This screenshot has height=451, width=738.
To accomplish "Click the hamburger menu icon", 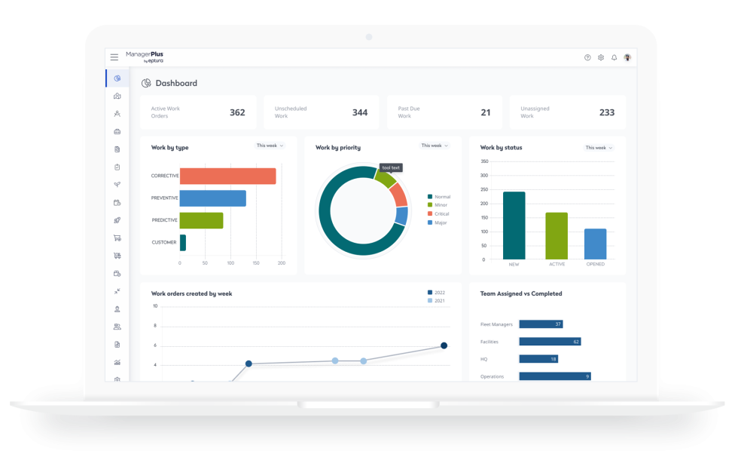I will tap(114, 57).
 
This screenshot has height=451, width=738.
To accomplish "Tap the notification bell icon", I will tap(614, 57).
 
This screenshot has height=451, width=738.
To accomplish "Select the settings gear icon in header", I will tap(601, 57).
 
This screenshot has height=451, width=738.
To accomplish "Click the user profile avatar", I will tap(627, 57).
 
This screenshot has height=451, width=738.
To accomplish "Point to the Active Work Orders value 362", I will tap(237, 112).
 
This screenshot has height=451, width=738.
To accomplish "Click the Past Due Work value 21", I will tap(486, 112).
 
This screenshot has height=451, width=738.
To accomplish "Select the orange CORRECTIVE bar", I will tap(227, 176).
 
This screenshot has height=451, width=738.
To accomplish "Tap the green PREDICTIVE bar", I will tap(201, 220).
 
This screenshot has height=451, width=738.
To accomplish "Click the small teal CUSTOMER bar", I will tap(183, 242).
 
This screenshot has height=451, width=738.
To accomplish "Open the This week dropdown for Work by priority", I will tap(435, 146).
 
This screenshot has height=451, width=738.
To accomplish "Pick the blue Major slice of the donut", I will tap(401, 216).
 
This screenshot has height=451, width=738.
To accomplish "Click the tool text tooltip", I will tap(391, 167).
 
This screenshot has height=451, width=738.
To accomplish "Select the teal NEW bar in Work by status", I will tap(514, 225).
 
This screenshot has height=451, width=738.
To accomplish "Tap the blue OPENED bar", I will tap(595, 244).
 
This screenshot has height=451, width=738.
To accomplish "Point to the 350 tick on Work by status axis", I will tap(484, 161).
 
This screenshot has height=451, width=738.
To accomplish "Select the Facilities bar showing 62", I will tap(550, 342).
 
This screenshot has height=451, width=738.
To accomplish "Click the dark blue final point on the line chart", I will tap(444, 345).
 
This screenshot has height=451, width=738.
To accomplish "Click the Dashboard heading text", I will tap(176, 83).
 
